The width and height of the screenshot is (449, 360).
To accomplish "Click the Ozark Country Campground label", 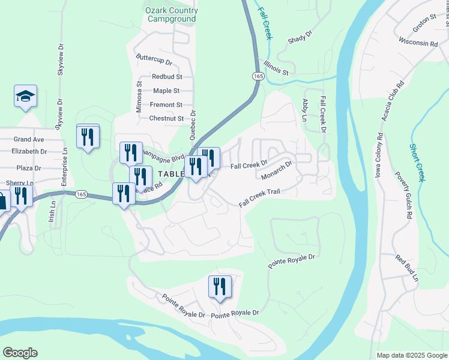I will [x=171, y=15].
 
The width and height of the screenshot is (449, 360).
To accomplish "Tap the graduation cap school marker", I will [x=26, y=97].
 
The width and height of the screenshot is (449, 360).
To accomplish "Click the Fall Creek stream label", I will [x=265, y=23].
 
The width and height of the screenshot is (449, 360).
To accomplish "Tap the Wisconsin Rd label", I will [x=418, y=43].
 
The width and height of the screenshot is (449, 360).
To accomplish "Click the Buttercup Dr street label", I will [x=154, y=62].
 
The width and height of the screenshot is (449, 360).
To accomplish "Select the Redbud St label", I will [x=167, y=77].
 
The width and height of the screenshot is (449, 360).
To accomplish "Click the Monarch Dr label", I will [x=277, y=170].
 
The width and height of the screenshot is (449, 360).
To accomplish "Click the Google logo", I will [x=20, y=353].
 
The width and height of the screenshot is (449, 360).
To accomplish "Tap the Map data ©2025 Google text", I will [x=411, y=355].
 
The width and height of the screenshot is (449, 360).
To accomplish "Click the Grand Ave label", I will [x=29, y=139].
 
